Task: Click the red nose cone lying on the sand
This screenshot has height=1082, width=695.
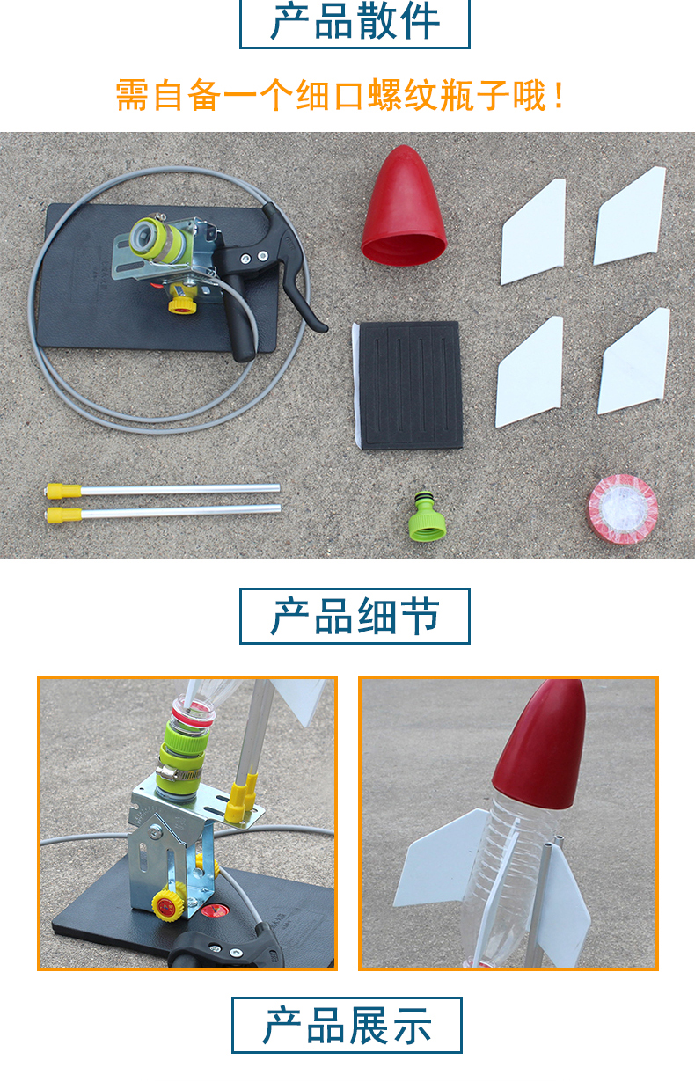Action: tap(404, 208)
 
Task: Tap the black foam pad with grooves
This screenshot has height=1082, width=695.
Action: tap(409, 385)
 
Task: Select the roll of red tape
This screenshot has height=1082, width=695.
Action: tap(623, 509)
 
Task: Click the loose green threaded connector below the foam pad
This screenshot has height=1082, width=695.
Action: tap(427, 516)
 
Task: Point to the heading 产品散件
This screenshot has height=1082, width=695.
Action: tap(355, 22)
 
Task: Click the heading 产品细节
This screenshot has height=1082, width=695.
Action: tap(355, 616)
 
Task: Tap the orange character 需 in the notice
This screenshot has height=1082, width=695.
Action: tap(132, 95)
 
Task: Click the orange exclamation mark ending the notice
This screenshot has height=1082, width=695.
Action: tap(560, 95)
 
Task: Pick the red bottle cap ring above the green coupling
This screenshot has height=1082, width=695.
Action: tap(192, 712)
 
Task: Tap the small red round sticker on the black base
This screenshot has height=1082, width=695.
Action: tap(214, 910)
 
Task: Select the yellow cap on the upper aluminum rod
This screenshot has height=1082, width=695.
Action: tap(63, 491)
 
